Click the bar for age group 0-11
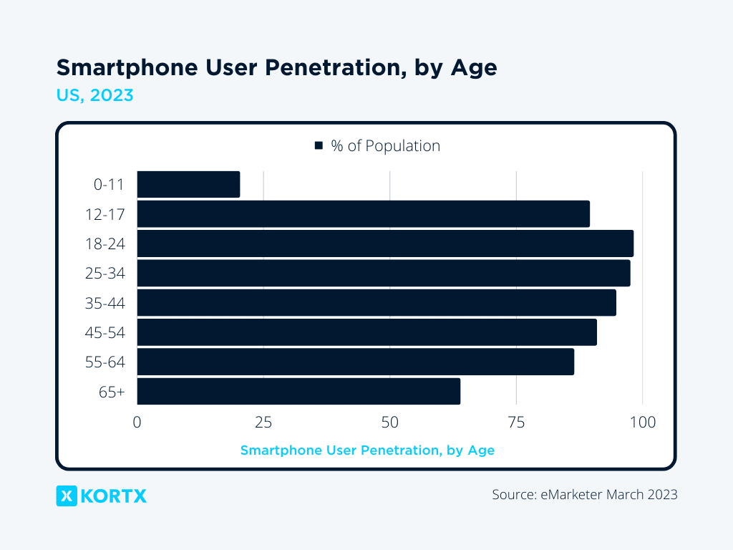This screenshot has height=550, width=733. click(x=188, y=184)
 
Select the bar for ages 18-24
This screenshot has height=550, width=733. click(x=385, y=243)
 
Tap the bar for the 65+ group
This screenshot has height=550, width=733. click(x=298, y=392)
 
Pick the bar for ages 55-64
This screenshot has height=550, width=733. click(x=355, y=362)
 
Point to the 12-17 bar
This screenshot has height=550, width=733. click(x=363, y=214)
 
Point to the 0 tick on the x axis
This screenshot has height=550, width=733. click(x=137, y=422)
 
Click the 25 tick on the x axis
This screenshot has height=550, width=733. click(x=263, y=422)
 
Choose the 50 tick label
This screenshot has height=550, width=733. click(x=389, y=422)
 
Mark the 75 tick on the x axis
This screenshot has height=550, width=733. click(x=516, y=422)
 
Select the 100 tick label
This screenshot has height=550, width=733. click(x=642, y=422)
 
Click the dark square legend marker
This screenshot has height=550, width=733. click(x=319, y=146)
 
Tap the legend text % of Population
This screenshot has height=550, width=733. click(x=385, y=146)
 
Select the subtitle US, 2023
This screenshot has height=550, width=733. click(x=94, y=95)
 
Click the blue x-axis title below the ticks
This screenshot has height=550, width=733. click(x=367, y=450)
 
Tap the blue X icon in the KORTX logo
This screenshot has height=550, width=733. click(x=67, y=496)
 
